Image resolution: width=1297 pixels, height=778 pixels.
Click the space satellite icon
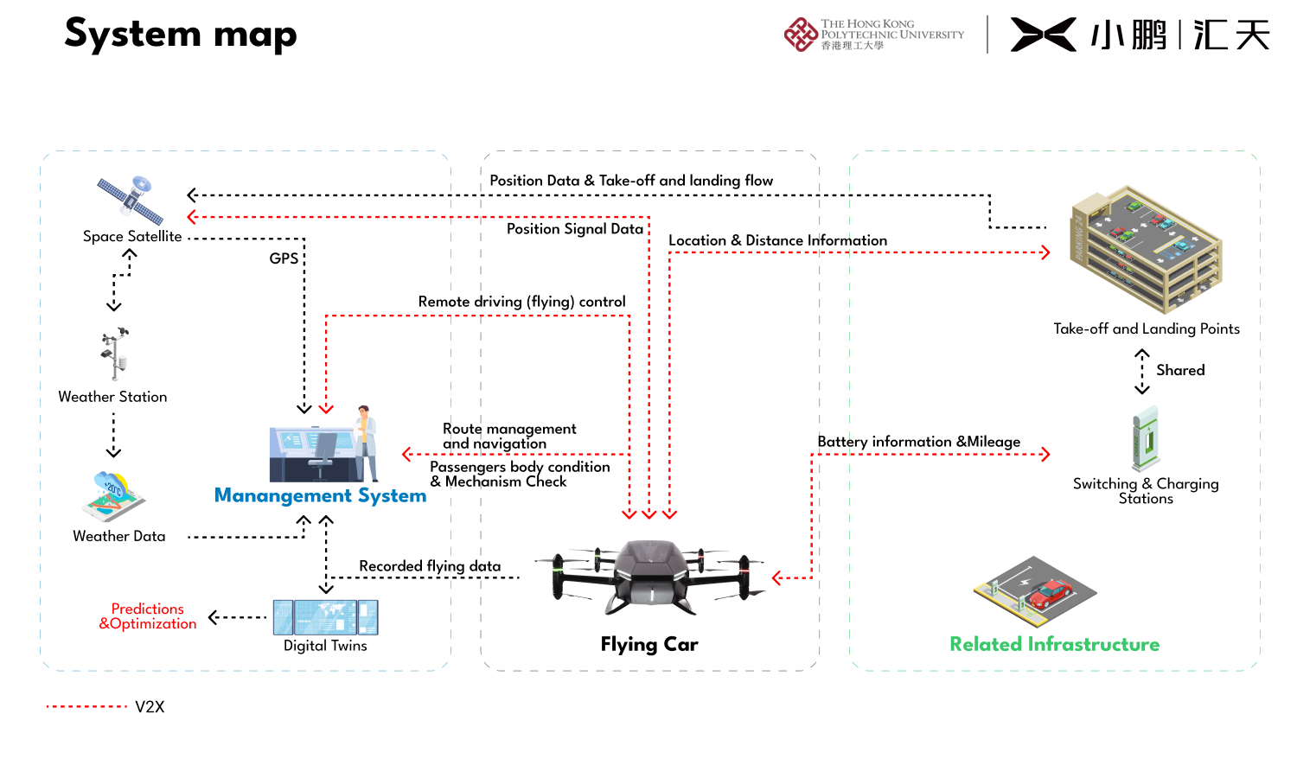[131, 200]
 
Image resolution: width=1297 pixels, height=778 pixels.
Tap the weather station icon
[114, 354]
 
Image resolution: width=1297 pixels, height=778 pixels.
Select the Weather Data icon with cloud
[113, 496]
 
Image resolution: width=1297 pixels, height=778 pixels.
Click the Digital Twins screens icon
[326, 617]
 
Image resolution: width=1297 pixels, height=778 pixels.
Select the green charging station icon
[1147, 439]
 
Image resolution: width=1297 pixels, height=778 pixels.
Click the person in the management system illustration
[367, 442]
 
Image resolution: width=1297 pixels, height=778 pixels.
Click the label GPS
[284, 258]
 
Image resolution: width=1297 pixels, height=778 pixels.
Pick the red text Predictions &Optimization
[148, 616]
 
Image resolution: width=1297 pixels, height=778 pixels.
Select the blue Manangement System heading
[320, 495]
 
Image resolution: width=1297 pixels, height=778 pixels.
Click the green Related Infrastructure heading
[1054, 644]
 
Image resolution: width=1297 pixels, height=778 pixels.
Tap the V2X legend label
[150, 707]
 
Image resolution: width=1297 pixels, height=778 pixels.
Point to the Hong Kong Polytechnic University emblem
[801, 35]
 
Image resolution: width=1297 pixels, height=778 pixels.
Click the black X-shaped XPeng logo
[1043, 35]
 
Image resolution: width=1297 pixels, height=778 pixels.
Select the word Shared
[1180, 370]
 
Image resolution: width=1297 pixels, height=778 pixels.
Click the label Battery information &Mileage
[918, 442]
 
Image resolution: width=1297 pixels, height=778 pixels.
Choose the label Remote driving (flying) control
[521, 302]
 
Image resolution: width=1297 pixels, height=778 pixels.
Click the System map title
[181, 35]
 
